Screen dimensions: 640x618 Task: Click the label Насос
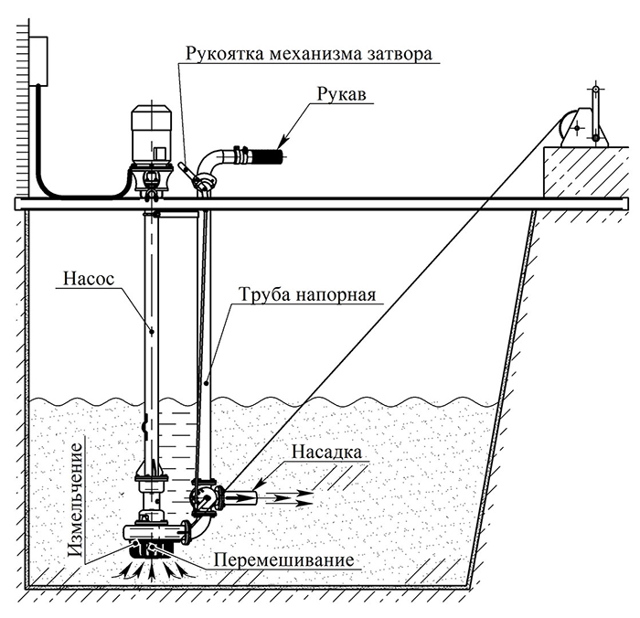point(89,279)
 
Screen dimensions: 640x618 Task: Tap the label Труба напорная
point(307,294)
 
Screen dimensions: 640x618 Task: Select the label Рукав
point(342,95)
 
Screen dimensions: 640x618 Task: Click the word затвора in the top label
point(400,54)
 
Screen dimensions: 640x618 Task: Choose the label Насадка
point(327,453)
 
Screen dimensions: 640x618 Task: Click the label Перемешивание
point(284,559)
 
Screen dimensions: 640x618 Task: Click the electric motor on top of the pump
point(152,133)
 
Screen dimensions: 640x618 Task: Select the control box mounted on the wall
point(38,61)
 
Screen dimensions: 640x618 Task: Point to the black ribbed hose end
point(267,155)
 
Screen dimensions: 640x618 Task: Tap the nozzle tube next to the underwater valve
point(240,497)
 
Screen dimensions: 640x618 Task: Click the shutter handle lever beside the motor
point(187,172)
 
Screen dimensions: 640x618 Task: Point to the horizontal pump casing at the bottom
point(155,532)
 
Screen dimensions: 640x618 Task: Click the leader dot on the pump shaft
point(152,332)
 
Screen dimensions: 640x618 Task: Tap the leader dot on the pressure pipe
point(206,383)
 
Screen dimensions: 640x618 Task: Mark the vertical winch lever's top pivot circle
point(595,89)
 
